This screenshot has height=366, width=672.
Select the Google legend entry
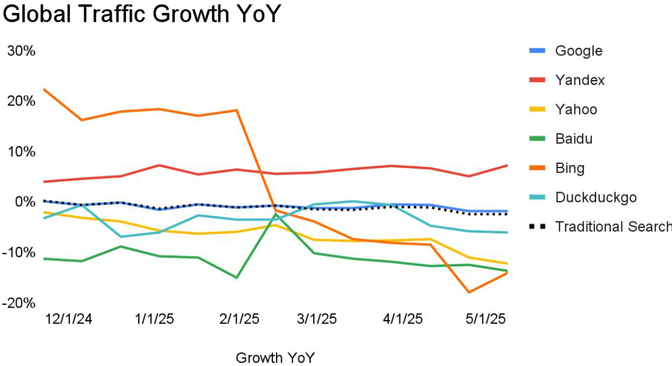578,51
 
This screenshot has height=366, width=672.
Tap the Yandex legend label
580,80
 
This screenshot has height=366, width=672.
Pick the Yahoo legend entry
576,110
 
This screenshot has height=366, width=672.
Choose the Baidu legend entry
574,139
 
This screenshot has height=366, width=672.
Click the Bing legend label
570,169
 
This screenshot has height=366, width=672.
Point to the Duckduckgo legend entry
596,197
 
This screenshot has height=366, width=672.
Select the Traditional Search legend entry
612,227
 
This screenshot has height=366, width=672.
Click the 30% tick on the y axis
21,51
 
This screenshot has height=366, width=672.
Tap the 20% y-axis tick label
21,101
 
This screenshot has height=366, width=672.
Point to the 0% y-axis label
25,202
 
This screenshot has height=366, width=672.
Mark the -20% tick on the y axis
19,303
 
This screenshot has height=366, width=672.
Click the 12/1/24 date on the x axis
69,319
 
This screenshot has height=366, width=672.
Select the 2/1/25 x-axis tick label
238,319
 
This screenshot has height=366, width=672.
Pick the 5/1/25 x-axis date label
485,319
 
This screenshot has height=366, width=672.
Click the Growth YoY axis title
275,358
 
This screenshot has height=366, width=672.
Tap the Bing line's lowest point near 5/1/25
469,292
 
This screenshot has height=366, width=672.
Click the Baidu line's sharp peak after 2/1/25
275,214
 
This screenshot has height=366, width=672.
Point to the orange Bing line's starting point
44,89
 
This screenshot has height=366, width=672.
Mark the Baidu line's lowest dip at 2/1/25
237,278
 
